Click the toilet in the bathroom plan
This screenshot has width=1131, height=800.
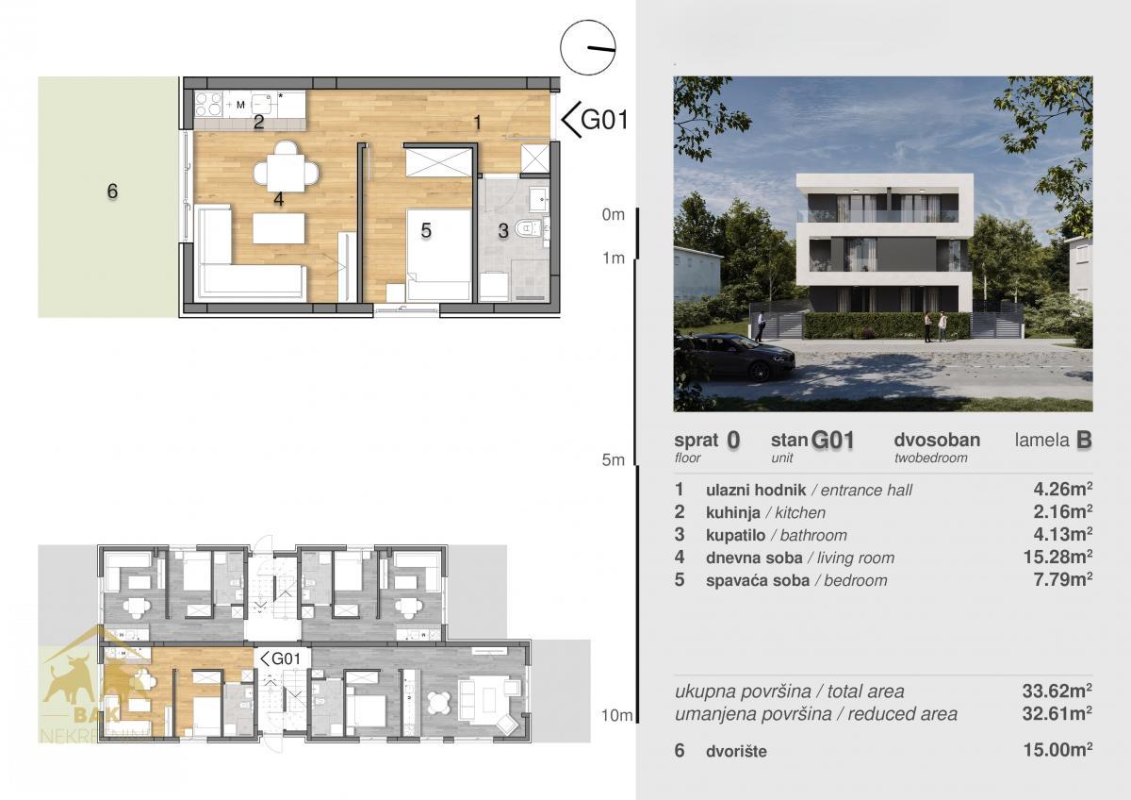pyautogui.click(x=528, y=229)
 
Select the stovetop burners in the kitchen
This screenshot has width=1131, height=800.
pyautogui.click(x=208, y=104)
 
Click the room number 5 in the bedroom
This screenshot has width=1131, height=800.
pyautogui.click(x=426, y=230)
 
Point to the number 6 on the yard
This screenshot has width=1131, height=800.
pyautogui.click(x=112, y=191)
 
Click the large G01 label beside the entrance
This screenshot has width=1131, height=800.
pyautogui.click(x=595, y=120)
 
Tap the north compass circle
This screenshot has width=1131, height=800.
pyautogui.click(x=588, y=47)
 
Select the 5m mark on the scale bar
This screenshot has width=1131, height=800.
pyautogui.click(x=613, y=459)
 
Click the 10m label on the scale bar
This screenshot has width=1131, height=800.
pyautogui.click(x=616, y=716)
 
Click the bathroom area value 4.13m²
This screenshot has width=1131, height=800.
pyautogui.click(x=1063, y=534)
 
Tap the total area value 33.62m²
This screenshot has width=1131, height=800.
pyautogui.click(x=1057, y=691)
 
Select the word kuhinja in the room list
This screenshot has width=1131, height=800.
pyautogui.click(x=732, y=512)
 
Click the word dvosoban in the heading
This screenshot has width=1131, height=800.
pyautogui.click(x=937, y=441)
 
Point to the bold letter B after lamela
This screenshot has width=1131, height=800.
pyautogui.click(x=1084, y=441)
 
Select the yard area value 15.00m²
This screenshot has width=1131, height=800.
pyautogui.click(x=1057, y=750)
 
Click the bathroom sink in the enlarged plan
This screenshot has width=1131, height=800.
pyautogui.click(x=539, y=199)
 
